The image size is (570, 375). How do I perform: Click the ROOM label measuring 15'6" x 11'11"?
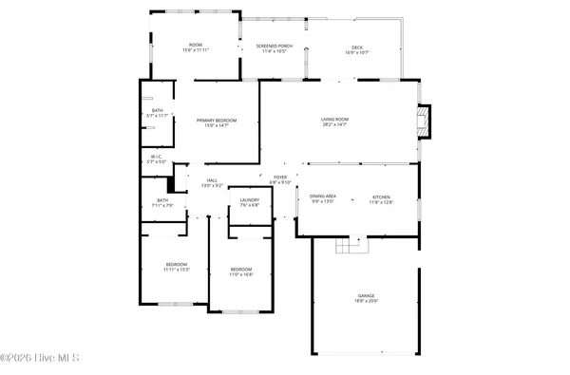196,47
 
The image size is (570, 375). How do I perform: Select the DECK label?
357,48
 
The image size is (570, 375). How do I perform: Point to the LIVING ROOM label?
334,121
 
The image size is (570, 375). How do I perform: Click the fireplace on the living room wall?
424,120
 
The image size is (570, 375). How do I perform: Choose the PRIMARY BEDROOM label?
217,122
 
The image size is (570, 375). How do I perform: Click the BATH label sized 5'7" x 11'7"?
158,112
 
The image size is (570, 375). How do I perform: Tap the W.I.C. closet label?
157,159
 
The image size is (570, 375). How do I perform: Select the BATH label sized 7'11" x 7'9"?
162,202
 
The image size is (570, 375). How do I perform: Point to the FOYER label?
280,178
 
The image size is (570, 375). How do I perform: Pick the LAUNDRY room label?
250,201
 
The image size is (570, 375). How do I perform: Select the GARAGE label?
366,298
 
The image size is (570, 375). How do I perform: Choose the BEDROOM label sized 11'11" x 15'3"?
177,266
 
